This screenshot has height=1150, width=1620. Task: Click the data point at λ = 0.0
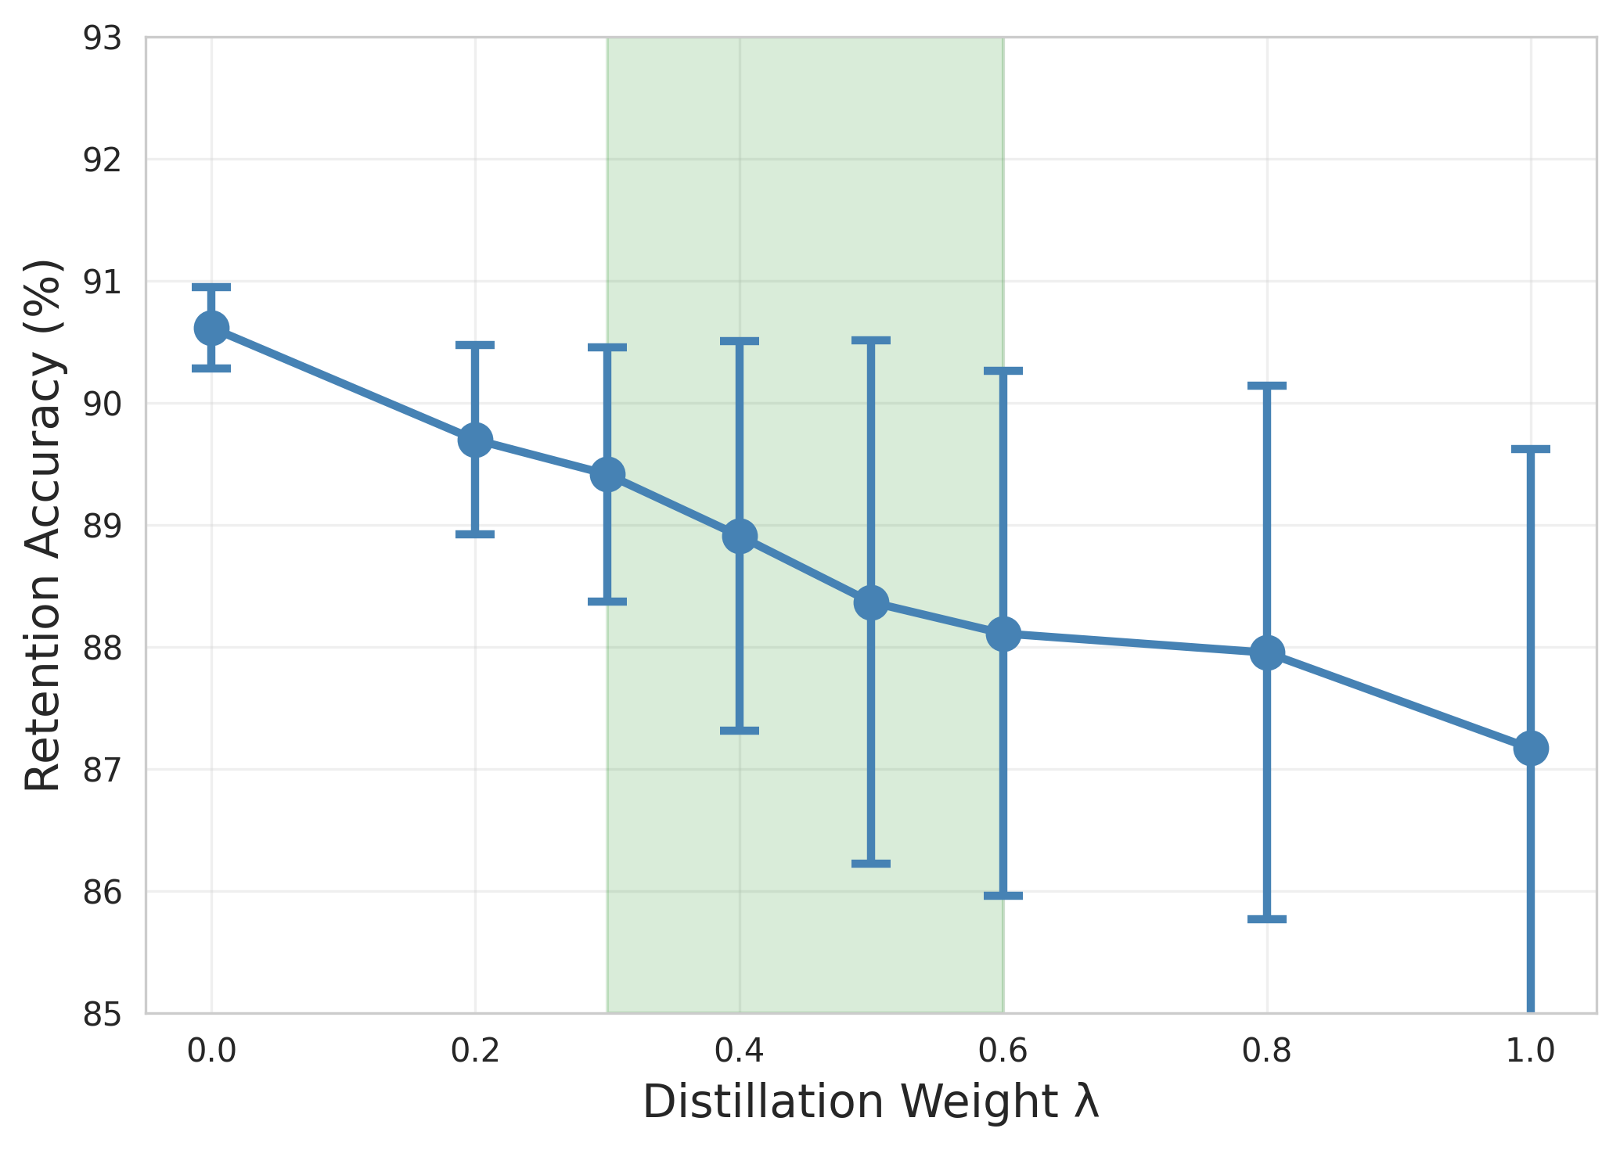point(211,328)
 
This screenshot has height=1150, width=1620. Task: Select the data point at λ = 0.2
point(475,440)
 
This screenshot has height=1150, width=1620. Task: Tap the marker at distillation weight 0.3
point(607,474)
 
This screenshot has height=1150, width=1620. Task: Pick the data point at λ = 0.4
point(740,537)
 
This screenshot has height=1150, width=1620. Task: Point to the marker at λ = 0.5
point(871,603)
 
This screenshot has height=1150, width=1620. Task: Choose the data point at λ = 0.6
point(1003,634)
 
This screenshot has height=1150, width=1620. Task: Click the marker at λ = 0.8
point(1267,652)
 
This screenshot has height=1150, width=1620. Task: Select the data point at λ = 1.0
point(1531,748)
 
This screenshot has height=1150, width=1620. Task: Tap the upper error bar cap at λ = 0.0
point(211,287)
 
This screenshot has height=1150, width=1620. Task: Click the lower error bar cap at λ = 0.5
point(871,864)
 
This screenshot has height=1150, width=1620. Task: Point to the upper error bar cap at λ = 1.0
point(1531,449)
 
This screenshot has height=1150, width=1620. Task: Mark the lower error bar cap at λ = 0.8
point(1267,919)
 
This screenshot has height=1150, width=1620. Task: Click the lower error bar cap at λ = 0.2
point(475,534)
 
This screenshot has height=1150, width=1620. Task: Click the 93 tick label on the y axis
point(103,38)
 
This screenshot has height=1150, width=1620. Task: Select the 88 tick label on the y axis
point(103,649)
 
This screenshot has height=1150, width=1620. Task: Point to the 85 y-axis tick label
point(103,1015)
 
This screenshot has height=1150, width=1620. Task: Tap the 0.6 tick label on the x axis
point(1003,1052)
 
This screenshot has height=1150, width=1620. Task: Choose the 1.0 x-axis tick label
point(1531,1052)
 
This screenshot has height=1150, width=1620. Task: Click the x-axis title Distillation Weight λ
point(871,1103)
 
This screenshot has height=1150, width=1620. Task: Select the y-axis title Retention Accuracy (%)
point(44,525)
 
